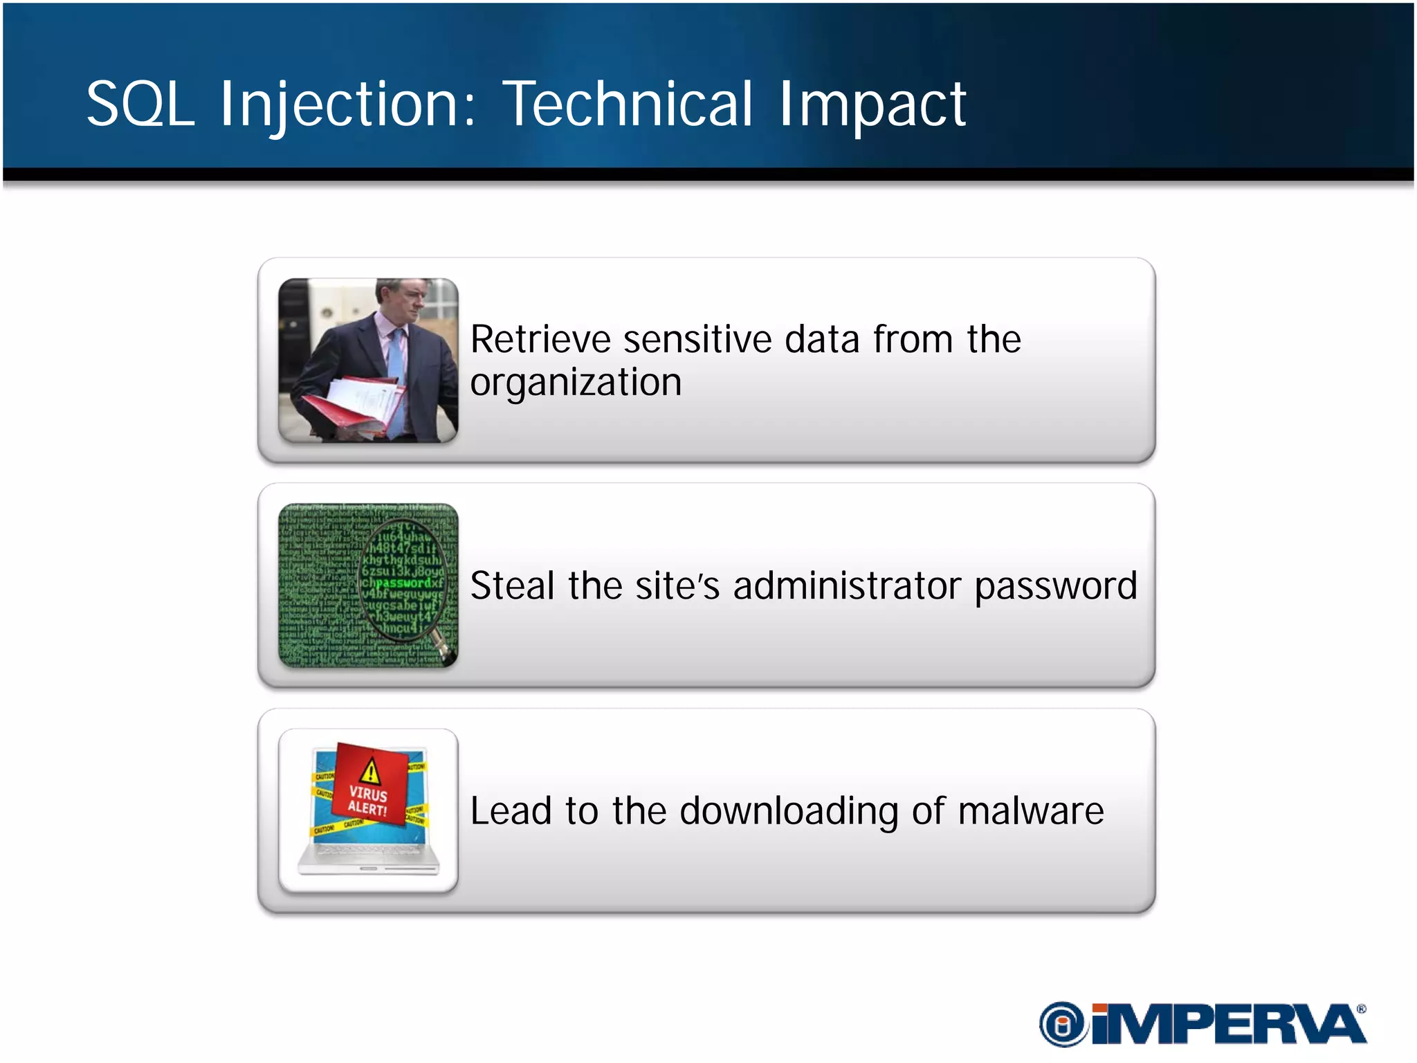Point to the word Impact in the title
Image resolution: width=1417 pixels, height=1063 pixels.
pyautogui.click(x=872, y=105)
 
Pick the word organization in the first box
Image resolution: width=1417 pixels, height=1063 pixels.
pyautogui.click(x=576, y=383)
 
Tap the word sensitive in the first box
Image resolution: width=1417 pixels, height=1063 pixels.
pyautogui.click(x=697, y=340)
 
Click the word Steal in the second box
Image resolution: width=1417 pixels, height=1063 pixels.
pyautogui.click(x=512, y=585)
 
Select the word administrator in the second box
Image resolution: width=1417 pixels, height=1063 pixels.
pyautogui.click(x=847, y=586)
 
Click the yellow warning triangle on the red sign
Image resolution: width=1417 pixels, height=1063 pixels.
pyautogui.click(x=371, y=770)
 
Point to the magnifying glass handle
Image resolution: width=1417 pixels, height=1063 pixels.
pyautogui.click(x=441, y=643)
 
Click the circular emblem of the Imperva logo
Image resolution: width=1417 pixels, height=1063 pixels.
pyautogui.click(x=1063, y=1024)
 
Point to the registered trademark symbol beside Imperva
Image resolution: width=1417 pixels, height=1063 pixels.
pyautogui.click(x=1361, y=1009)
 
